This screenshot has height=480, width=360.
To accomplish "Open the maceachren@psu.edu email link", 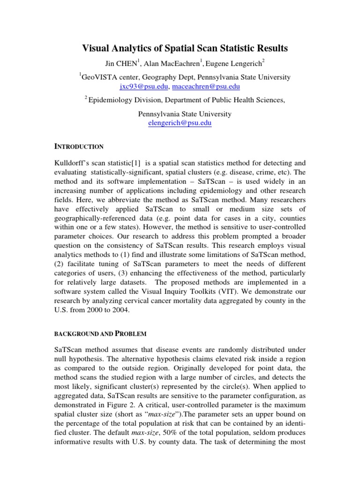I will (x=206, y=87).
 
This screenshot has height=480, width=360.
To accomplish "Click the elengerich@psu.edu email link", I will (x=180, y=123).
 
